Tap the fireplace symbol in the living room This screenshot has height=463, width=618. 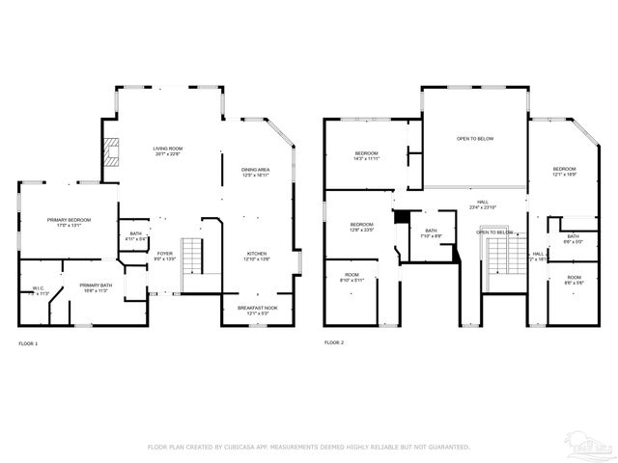(x=113, y=152)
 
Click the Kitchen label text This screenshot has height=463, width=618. (x=256, y=257)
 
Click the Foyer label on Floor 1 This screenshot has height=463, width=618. (x=165, y=256)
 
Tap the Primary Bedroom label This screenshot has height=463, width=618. (x=70, y=223)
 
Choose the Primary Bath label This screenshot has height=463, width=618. (x=95, y=287)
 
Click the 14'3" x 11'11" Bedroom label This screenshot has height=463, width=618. (x=366, y=156)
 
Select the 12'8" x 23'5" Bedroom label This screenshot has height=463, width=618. (x=361, y=228)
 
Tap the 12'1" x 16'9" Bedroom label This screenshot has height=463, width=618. (x=564, y=172)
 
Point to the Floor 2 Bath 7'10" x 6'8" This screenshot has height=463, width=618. (x=431, y=233)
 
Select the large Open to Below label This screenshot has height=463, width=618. (x=475, y=139)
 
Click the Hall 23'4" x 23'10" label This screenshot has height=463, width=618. (x=483, y=204)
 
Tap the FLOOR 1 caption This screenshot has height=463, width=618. (x=29, y=342)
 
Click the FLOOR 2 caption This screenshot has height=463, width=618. (x=334, y=342)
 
